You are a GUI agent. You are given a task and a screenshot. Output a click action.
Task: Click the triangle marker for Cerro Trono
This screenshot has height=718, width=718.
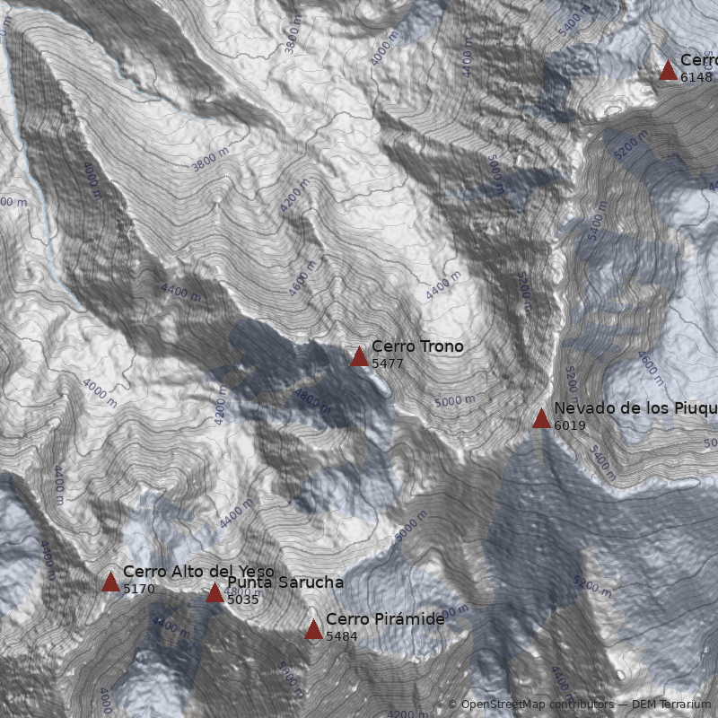point(359,357)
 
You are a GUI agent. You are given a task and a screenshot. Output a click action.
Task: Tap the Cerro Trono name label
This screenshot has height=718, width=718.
point(417,346)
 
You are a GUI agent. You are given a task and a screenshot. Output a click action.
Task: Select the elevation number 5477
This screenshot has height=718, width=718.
point(388,363)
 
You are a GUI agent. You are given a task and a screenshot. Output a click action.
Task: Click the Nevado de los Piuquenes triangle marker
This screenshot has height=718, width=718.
point(541,419)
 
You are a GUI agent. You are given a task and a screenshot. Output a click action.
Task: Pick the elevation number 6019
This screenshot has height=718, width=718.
point(570,425)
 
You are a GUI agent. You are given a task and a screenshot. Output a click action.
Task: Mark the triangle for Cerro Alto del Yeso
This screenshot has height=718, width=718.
point(110,582)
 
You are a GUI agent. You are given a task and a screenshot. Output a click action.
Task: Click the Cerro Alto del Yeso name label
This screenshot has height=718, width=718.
point(198,572)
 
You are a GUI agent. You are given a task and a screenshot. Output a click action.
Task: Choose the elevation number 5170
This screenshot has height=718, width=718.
point(139,590)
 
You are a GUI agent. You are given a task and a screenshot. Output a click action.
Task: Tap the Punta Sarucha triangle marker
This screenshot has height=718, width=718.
point(215,593)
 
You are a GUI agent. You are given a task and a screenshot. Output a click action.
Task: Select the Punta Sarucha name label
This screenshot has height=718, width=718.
point(285,582)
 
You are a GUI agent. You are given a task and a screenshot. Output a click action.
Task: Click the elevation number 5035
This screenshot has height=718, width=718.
point(243,600)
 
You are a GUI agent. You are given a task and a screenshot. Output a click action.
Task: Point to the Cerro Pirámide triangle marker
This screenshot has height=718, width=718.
point(313,630)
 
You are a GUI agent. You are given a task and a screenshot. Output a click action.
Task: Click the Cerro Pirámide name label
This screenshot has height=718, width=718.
point(385,619)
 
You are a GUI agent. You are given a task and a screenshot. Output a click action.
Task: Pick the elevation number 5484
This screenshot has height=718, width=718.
point(342,636)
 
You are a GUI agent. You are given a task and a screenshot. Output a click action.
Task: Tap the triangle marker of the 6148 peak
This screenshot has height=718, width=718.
point(668,71)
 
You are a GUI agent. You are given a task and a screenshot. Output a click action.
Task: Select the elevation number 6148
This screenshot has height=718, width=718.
point(696,77)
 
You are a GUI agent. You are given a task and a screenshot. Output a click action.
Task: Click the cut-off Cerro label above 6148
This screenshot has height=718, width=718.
point(698,60)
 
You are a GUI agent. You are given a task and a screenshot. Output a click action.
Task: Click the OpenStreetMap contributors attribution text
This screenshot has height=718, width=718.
point(536,705)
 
